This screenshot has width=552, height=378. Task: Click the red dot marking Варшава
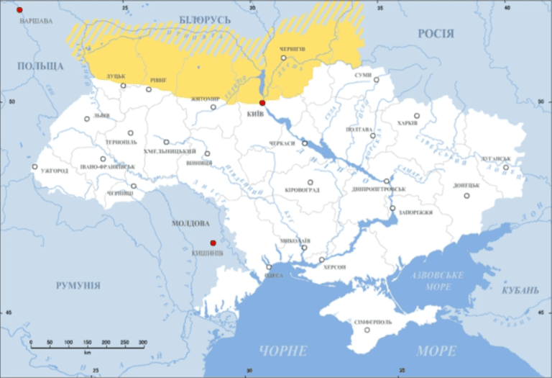point(19,10)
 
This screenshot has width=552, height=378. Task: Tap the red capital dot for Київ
point(262,103)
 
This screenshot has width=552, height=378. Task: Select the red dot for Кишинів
point(213,243)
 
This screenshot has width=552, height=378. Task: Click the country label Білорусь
point(204,19)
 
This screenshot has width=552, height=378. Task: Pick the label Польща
point(40,66)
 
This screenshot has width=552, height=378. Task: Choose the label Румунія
point(78,286)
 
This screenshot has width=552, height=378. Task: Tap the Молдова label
point(190,223)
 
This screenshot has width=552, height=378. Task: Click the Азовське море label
point(438,281)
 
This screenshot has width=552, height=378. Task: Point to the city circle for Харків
point(416,115)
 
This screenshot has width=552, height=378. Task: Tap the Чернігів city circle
point(283,58)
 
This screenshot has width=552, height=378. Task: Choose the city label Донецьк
point(466,186)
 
